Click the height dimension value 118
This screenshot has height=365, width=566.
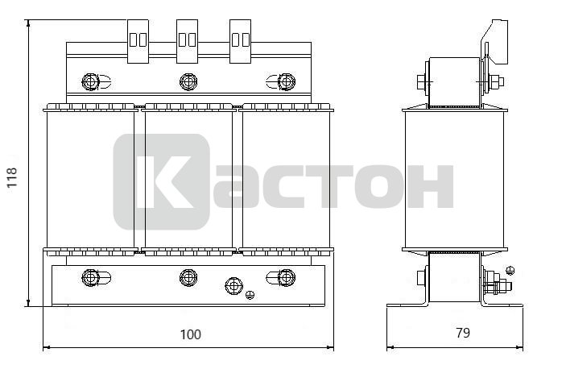(12, 177)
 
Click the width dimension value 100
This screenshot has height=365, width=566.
(190, 334)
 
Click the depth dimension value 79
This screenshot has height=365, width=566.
(463, 333)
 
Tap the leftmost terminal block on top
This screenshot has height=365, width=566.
(138, 41)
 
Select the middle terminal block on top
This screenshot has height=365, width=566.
(187, 41)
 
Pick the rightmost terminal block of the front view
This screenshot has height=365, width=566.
(241, 41)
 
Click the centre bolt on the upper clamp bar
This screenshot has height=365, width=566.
(188, 81)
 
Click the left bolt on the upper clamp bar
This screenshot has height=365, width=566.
(91, 81)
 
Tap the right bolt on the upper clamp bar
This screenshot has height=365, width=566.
(287, 81)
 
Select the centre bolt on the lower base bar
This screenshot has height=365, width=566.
(188, 277)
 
